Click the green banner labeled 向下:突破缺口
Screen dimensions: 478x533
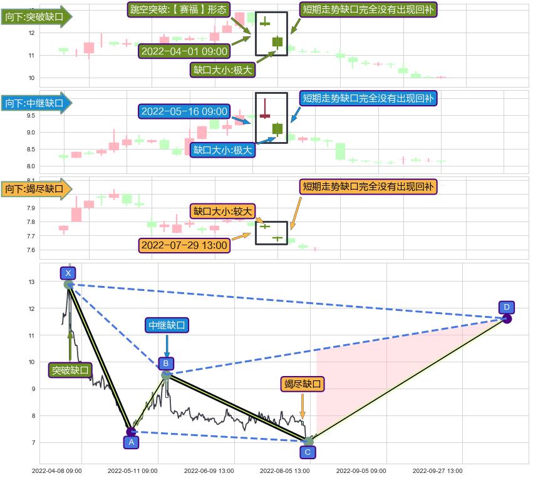tap(35, 18)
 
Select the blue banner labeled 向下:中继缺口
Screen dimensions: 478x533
tap(35, 103)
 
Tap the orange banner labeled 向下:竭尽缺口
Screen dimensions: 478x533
tap(35, 188)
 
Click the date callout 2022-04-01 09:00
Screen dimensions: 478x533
tap(185, 51)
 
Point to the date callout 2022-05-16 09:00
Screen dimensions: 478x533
tap(185, 111)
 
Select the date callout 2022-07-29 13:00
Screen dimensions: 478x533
tap(184, 245)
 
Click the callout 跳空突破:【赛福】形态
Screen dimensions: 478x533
tap(178, 9)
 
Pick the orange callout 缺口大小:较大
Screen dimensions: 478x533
tap(222, 211)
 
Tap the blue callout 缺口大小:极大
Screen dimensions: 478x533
tap(222, 150)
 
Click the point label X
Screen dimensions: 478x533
tap(68, 273)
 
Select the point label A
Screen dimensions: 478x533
tap(131, 442)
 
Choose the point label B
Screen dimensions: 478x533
tap(165, 363)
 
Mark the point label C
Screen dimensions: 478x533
tap(308, 452)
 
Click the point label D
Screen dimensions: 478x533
tap(507, 307)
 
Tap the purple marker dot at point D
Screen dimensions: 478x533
tap(507, 319)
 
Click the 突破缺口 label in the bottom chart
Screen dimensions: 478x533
tap(70, 370)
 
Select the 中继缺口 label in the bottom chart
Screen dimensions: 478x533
tap(167, 325)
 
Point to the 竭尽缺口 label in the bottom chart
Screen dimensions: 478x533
tap(303, 384)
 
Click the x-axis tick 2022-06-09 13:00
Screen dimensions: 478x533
tap(209, 470)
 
